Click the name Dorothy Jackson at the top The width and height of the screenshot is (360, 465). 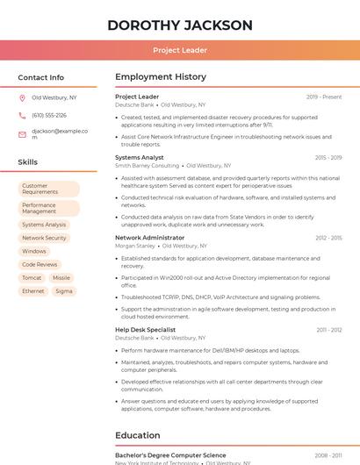click(179, 25)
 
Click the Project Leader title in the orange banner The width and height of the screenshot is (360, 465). click(179, 50)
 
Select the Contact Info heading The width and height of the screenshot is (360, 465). click(40, 77)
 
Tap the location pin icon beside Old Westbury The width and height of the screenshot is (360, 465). click(22, 98)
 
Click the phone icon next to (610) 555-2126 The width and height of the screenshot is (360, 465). click(22, 116)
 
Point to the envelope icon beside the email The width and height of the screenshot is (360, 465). click(22, 134)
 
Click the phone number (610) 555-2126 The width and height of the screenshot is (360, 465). click(49, 116)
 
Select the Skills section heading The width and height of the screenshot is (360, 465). click(28, 162)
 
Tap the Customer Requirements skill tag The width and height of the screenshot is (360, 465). click(47, 189)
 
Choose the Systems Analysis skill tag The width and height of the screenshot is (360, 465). click(44, 225)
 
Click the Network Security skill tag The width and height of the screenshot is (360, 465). click(44, 238)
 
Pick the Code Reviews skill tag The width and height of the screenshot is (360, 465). click(40, 264)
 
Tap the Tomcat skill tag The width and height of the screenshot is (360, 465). click(32, 277)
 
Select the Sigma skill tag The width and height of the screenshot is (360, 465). click(64, 290)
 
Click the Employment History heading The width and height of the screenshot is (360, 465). click(161, 77)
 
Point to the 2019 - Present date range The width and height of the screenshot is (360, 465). click(324, 97)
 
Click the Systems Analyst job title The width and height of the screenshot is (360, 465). click(140, 158)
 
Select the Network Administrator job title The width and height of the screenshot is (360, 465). click(150, 238)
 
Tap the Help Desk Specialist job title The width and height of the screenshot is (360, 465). click(146, 330)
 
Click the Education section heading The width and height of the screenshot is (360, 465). click(138, 435)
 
